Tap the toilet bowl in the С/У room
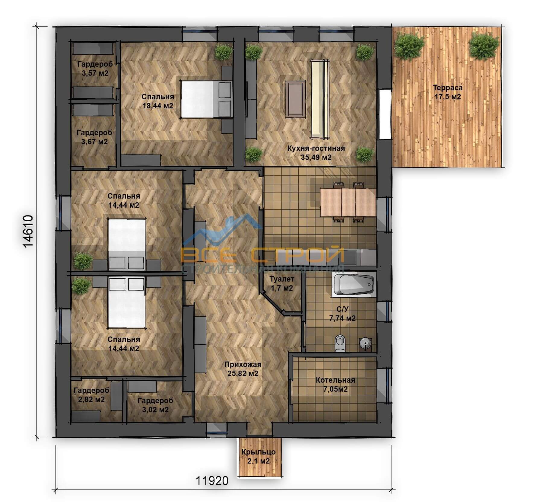(340, 343)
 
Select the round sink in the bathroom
(365, 343)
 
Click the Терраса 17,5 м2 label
(448, 92)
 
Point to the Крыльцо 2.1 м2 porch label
(259, 456)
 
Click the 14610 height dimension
(28, 231)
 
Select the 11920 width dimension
(212, 480)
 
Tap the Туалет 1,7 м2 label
(282, 284)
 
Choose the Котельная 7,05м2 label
(335, 384)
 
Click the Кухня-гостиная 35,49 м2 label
(316, 153)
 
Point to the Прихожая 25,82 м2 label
(243, 369)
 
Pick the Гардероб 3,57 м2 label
(95, 69)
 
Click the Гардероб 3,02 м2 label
(155, 405)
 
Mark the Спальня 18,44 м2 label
(158, 101)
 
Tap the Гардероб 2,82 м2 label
(91, 395)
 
